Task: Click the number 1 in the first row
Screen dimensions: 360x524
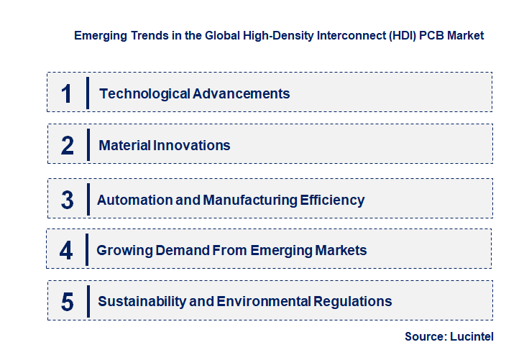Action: click(67, 93)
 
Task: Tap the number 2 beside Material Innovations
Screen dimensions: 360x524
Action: click(67, 145)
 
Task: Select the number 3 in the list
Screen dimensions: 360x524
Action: click(67, 200)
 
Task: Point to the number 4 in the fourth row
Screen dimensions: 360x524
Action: click(66, 250)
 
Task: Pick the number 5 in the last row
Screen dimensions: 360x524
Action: click(67, 301)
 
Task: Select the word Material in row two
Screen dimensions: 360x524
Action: click(124, 145)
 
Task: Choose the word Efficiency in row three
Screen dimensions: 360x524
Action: click(332, 200)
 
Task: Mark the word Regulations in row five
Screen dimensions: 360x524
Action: click(356, 301)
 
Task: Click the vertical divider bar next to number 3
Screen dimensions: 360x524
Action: click(87, 198)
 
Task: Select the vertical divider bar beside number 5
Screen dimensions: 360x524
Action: click(87, 300)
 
